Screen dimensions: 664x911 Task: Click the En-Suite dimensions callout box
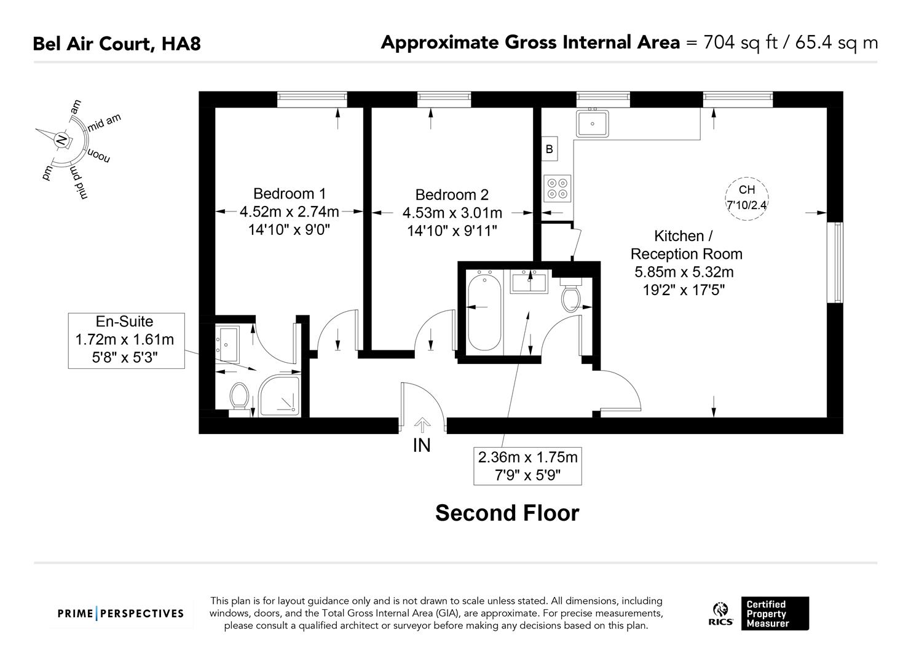[x=125, y=340]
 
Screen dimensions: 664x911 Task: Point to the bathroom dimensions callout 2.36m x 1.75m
[x=527, y=466]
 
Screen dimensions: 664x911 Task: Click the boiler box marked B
[x=549, y=149]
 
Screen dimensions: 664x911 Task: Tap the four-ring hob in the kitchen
[x=558, y=188]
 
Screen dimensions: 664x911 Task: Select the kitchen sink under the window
[x=592, y=124]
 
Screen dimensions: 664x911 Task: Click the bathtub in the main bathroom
[x=485, y=311]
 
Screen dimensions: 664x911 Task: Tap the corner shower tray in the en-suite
[x=279, y=396]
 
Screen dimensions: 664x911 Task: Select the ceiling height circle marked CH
[x=747, y=197]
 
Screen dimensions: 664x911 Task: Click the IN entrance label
[x=422, y=445]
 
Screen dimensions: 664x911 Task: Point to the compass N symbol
[x=60, y=140]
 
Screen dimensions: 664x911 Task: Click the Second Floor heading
[x=507, y=513]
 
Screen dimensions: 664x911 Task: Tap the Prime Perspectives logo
[x=120, y=613]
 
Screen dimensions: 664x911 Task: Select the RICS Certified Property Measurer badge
[x=759, y=613]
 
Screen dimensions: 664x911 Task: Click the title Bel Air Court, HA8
[x=117, y=44]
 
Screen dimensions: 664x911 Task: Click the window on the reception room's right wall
[x=835, y=263]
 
